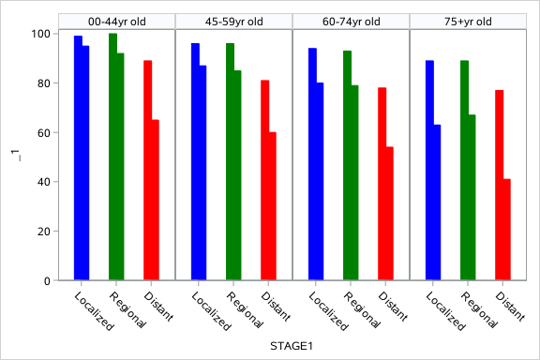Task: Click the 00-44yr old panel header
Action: click(x=116, y=22)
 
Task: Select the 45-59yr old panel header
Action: click(x=233, y=22)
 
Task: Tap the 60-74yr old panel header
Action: click(x=351, y=22)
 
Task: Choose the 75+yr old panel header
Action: click(x=468, y=22)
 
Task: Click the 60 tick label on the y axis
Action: click(x=41, y=133)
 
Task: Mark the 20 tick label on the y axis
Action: click(x=41, y=232)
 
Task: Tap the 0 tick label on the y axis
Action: click(x=45, y=281)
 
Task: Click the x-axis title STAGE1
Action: click(x=292, y=347)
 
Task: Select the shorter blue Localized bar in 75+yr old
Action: click(x=437, y=202)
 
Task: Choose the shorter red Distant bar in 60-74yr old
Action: click(x=390, y=214)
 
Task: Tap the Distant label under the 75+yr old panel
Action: click(x=507, y=307)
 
